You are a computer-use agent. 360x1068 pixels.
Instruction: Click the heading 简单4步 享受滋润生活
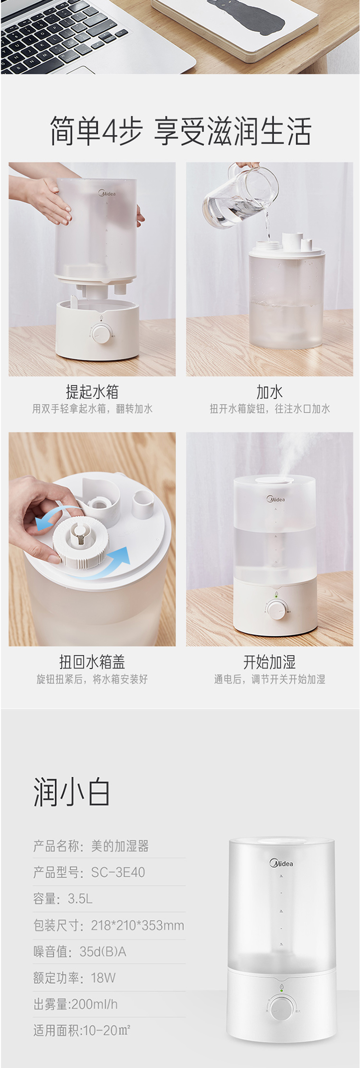(x=180, y=131)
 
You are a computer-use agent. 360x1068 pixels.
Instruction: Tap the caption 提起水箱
(x=92, y=392)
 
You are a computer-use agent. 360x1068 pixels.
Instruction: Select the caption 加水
(x=269, y=392)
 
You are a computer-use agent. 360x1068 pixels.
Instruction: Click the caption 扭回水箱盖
(x=92, y=662)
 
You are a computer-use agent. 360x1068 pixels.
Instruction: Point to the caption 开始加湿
(x=269, y=662)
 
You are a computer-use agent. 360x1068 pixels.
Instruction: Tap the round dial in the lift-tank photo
(x=101, y=333)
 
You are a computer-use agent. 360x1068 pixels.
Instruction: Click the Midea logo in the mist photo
(x=276, y=499)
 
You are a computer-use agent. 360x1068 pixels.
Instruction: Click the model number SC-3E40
(x=118, y=872)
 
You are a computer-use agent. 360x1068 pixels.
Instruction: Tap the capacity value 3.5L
(x=80, y=898)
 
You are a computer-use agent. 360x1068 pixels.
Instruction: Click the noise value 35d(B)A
(x=103, y=951)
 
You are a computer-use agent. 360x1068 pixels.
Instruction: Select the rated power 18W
(x=103, y=977)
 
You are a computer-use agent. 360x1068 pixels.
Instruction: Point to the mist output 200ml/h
(x=94, y=1004)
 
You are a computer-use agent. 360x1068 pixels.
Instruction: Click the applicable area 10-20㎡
(x=107, y=1030)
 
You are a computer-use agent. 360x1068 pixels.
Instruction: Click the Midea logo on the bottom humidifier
(x=281, y=864)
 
